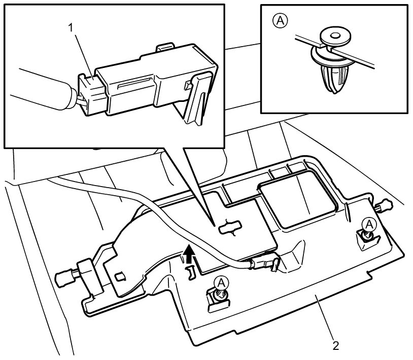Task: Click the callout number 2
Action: (335, 346)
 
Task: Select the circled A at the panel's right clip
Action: (369, 224)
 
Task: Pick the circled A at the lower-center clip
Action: (222, 283)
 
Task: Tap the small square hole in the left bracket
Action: (120, 276)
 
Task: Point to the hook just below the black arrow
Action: (190, 273)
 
